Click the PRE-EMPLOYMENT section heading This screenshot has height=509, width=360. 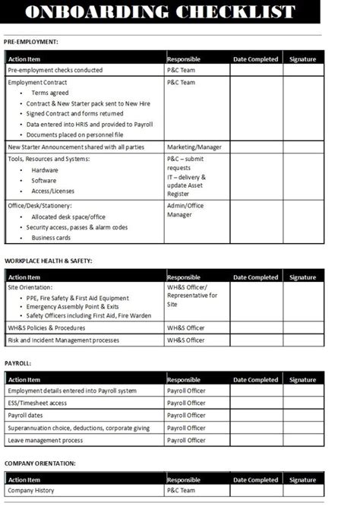pos(31,42)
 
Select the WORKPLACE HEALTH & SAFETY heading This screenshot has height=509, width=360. pos(49,261)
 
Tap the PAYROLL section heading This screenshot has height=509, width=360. pos(18,363)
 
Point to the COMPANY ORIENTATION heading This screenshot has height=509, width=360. pos(39,463)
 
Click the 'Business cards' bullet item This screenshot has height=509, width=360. pos(51,238)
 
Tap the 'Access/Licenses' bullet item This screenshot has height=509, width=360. pos(52,191)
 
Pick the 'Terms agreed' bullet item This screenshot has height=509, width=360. pos(50,93)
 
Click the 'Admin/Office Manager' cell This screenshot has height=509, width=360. pos(186,210)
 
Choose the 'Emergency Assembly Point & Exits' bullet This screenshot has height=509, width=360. pos(72,307)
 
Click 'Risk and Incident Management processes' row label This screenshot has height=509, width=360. pos(63,340)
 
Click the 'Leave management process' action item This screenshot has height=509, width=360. pos(46,440)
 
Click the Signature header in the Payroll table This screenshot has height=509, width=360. pos(302,380)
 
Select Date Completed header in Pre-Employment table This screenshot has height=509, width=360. pos(255,58)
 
